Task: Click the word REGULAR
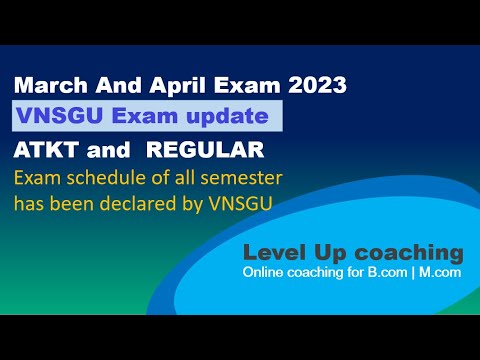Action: (214, 151)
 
